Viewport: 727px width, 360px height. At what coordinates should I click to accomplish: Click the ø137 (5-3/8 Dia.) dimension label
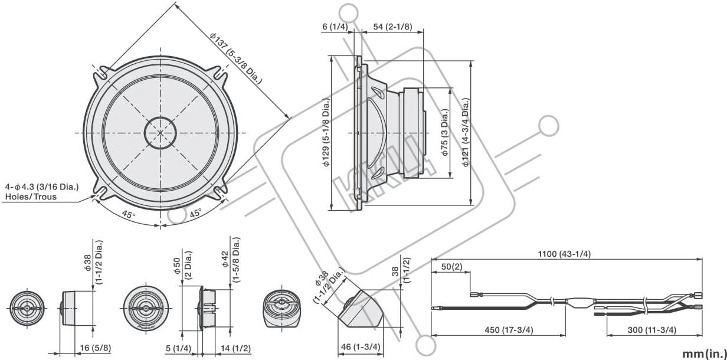236,58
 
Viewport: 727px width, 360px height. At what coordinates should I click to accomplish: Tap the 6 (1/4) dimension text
335,27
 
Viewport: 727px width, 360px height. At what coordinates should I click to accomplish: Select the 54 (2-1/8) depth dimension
392,27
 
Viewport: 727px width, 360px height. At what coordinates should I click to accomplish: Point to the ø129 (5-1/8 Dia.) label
326,133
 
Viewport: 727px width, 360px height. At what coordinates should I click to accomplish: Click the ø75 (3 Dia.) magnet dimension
445,132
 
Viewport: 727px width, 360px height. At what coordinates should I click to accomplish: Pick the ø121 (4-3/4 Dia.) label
466,132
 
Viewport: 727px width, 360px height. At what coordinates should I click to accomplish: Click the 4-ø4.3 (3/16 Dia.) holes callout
42,187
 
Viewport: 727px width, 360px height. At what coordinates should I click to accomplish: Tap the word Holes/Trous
31,197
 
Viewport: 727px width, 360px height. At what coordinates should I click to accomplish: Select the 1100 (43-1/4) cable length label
564,254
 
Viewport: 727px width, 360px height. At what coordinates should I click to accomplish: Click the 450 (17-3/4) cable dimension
509,330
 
